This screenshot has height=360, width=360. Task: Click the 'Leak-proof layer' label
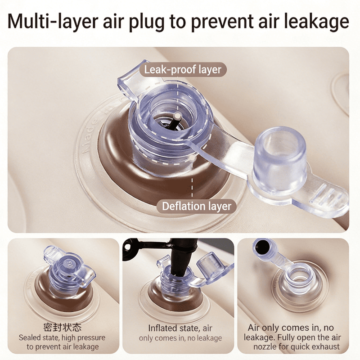183,70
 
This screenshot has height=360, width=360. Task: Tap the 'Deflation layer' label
197,206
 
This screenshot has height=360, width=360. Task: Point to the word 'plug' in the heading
147,22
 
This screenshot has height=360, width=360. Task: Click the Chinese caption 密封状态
62,328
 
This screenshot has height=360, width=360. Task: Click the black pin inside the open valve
174,121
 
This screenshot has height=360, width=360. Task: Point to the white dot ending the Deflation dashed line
192,158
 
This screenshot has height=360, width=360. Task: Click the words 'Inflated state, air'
180,328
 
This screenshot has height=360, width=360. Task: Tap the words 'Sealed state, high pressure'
62,337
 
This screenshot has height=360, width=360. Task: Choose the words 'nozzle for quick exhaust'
296,346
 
